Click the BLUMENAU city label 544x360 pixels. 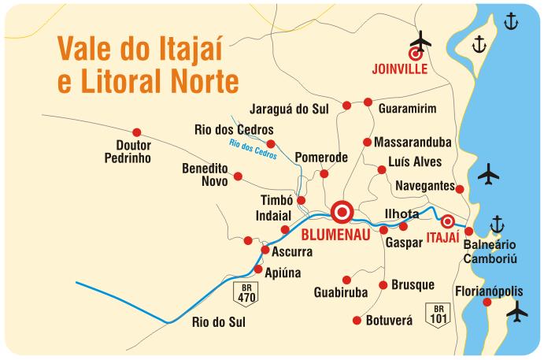coord(336,234)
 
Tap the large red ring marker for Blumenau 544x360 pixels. coord(342,211)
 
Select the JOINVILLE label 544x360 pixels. coord(399,69)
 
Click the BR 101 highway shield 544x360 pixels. coord(437,314)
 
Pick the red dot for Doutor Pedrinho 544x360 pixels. coord(137,132)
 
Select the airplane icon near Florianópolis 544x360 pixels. coord(517,313)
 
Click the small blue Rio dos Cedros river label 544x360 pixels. coord(253,148)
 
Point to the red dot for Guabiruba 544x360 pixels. coord(346,280)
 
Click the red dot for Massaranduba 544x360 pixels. coord(367,142)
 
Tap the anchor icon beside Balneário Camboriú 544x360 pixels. coord(497,225)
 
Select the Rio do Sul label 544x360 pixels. coord(219,321)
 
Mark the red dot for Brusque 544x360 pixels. coord(383,285)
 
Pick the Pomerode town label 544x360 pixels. coord(321,158)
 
